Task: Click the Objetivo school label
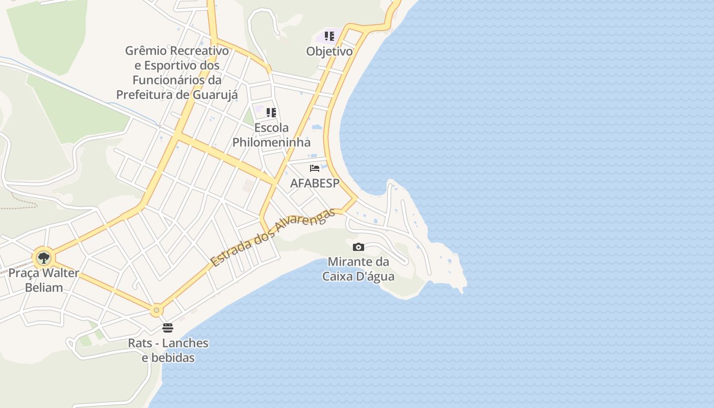coord(329,52)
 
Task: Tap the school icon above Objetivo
coord(329,36)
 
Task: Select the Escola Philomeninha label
coord(271,135)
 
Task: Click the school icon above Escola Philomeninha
coord(271,113)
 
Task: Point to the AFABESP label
coord(314,184)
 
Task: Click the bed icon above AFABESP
coord(315,168)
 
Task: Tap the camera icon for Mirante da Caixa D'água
coord(359,247)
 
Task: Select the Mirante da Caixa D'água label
coord(358,269)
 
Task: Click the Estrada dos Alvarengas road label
coord(273,238)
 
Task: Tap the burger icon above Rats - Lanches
coord(168,327)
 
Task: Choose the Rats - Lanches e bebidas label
coord(168,350)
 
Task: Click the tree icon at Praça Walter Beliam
coord(44,258)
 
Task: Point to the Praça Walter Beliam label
coord(44,280)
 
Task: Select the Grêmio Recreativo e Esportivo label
coord(177,73)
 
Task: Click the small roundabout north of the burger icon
coord(157,310)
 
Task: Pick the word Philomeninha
coord(271,142)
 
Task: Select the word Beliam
coord(44,288)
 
